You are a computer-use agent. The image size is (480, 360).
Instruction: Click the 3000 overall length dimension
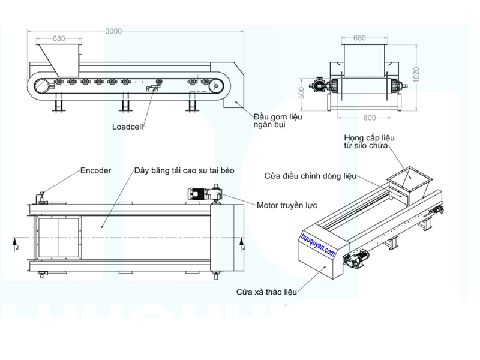113,31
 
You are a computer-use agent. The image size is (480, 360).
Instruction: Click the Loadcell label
127,127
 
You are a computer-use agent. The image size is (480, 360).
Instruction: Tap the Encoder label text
95,170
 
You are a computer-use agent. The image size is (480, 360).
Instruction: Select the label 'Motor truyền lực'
287,205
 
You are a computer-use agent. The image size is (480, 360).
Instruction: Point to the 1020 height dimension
416,74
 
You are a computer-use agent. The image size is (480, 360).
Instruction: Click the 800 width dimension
370,118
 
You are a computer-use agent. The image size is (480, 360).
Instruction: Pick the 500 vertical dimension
302,93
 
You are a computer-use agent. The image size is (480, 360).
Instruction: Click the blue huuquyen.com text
318,245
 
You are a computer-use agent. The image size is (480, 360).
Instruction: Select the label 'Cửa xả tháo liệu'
266,292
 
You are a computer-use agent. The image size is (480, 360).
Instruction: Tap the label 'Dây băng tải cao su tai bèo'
184,170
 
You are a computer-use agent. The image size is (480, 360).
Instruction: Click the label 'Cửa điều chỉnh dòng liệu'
310,176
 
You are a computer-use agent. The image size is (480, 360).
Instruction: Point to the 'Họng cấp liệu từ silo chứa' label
369,142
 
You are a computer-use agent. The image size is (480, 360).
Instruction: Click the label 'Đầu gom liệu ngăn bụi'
278,121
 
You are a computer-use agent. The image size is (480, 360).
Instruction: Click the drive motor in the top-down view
205,194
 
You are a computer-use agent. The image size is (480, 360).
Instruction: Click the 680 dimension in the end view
359,38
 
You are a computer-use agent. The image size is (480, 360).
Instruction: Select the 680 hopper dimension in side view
59,38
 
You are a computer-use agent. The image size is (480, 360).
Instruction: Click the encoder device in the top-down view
41,199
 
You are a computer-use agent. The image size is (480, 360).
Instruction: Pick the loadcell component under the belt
152,88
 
